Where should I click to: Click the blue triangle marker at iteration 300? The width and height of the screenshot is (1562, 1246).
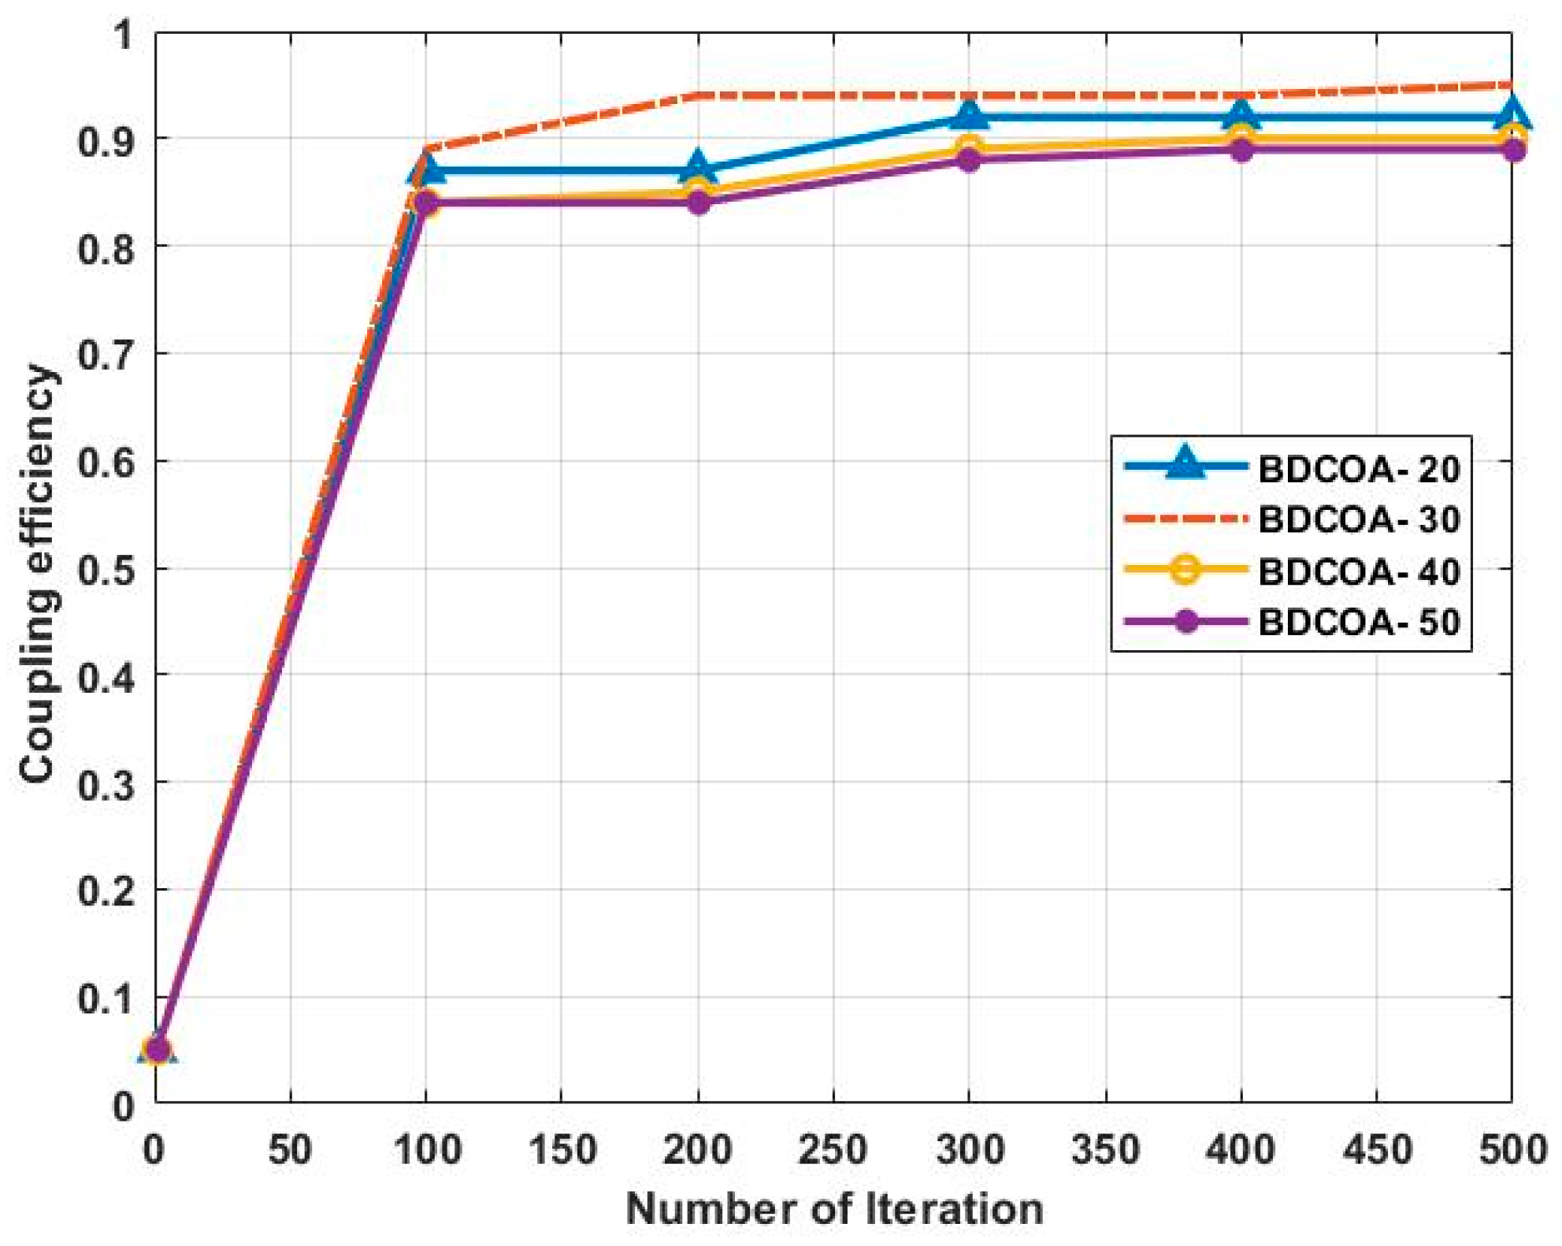coord(969,116)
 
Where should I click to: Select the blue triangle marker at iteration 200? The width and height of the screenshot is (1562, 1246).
coord(698,168)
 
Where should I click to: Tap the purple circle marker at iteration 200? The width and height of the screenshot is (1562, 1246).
coord(698,203)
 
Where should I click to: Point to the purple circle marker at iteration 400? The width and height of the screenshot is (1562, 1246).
coord(1241,150)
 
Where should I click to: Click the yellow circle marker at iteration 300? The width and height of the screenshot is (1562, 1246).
coord(969,147)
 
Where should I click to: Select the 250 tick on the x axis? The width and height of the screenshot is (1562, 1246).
coord(833,1150)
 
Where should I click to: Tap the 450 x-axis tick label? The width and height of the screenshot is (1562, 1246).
coord(1376,1150)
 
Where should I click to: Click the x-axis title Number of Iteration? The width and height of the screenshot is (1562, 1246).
coord(833,1209)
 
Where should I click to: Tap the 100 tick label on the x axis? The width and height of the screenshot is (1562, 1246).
coord(426,1150)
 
